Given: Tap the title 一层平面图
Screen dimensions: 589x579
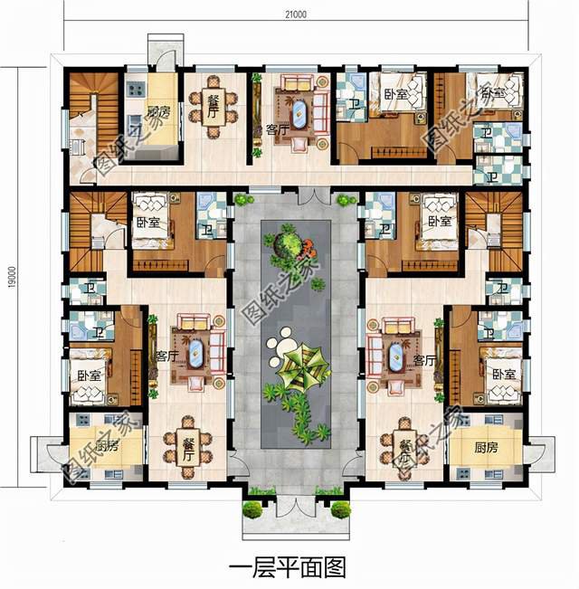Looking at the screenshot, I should click(x=288, y=567).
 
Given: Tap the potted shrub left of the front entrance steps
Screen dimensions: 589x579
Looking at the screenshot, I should click(x=253, y=509).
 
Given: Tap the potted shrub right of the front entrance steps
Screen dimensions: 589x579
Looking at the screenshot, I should click(x=340, y=509).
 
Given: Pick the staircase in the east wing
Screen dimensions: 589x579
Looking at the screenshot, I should click(x=496, y=223).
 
